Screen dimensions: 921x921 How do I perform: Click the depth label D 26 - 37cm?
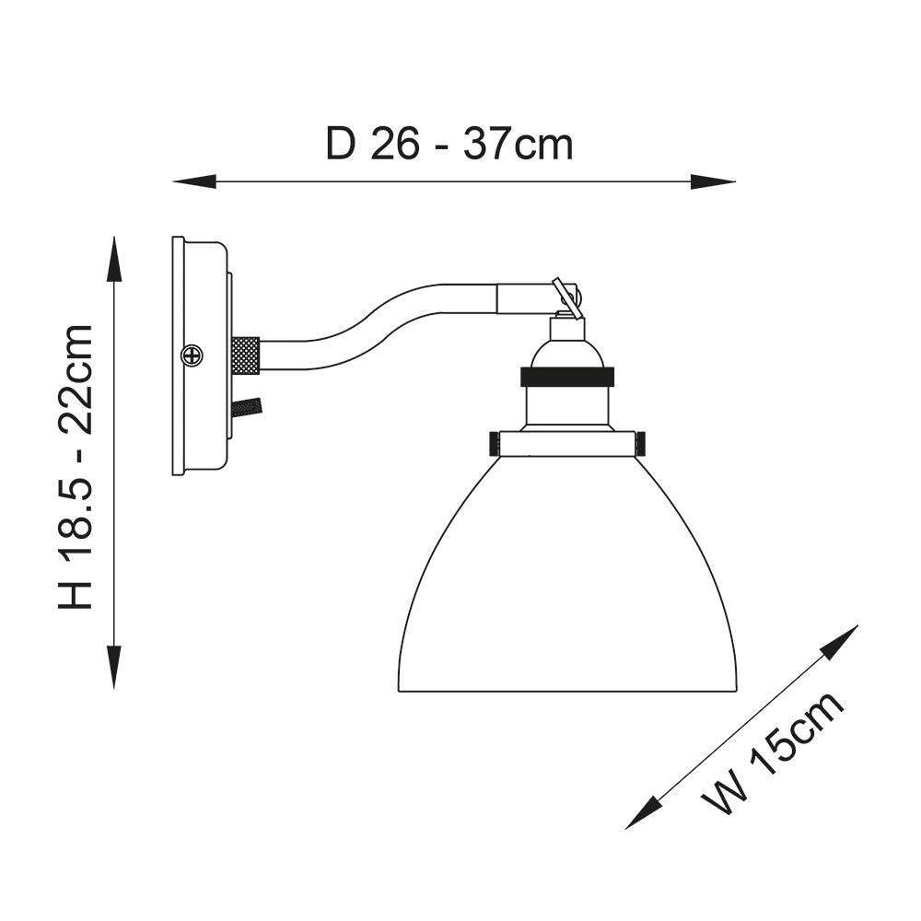click(x=449, y=145)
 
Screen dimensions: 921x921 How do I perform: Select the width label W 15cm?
click(x=774, y=752)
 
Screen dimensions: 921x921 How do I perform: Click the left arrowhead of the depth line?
click(x=189, y=181)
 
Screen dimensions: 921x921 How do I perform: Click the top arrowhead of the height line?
click(x=114, y=253)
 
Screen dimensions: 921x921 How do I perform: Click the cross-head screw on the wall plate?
click(x=192, y=355)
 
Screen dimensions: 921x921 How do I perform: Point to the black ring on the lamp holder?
click(x=567, y=377)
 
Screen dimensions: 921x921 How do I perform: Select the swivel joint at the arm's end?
click(x=567, y=297)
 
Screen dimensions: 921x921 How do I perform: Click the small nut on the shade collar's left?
click(x=494, y=443)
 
